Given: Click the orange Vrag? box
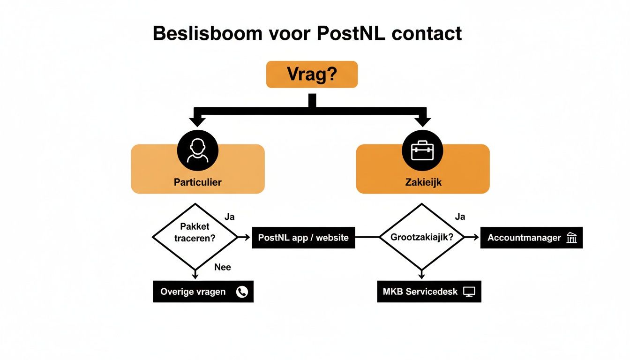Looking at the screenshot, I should tap(312, 75).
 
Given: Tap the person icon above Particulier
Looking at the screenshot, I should tap(198, 151).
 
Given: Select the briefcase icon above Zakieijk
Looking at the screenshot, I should tap(422, 151).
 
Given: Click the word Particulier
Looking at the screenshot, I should tap(197, 182).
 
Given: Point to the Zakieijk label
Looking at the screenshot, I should tap(423, 182).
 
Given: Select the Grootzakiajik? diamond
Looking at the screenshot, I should tap(421, 237).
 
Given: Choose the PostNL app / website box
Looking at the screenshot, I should tap(303, 238).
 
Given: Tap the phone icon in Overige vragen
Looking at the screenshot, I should tap(242, 292).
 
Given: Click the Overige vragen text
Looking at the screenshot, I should tap(193, 292).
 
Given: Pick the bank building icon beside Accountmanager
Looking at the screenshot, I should tap(572, 238).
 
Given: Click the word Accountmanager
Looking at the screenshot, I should tap(524, 238).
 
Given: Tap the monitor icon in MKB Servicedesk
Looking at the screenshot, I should tap(469, 292).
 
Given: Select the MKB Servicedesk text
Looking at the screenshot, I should tap(420, 292).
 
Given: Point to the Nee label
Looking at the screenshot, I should tap(223, 267).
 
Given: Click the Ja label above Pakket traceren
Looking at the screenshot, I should tap(230, 217).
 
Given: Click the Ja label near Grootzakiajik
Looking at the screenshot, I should tap(460, 217).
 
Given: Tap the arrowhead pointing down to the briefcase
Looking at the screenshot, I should tap(422, 121).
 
